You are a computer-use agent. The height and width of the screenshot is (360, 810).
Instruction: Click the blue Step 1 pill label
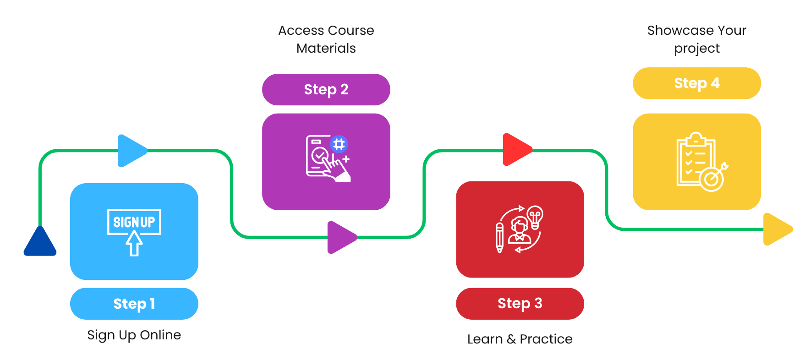pyautogui.click(x=134, y=304)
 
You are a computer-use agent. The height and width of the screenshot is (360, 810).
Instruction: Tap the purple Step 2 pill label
pyautogui.click(x=326, y=89)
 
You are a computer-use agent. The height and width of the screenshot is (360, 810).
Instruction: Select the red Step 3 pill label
pyautogui.click(x=520, y=303)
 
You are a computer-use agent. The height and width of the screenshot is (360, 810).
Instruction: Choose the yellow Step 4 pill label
pyautogui.click(x=696, y=83)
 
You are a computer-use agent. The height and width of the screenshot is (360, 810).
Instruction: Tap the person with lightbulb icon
pyautogui.click(x=519, y=229)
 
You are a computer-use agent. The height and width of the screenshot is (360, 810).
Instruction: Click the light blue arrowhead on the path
pyautogui.click(x=131, y=151)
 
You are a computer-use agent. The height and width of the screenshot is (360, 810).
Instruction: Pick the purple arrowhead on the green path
pyautogui.click(x=340, y=237)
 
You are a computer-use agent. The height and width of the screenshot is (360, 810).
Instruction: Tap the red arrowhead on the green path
pyautogui.click(x=516, y=149)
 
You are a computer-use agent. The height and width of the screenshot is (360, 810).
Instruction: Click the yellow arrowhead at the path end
pyautogui.click(x=777, y=229)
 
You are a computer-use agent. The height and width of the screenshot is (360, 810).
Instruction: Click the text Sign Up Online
pyautogui.click(x=134, y=335)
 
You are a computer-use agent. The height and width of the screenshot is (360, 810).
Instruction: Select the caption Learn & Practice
pyautogui.click(x=520, y=339)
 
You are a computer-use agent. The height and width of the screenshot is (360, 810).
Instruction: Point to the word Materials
pyautogui.click(x=326, y=48)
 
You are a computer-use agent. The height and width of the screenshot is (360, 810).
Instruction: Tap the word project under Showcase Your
pyautogui.click(x=696, y=49)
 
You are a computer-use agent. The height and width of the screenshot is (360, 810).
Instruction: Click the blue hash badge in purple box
pyautogui.click(x=339, y=144)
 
